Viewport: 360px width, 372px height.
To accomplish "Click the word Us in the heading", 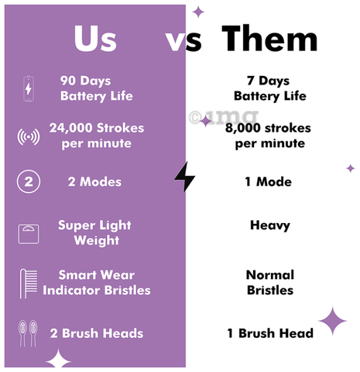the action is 95,39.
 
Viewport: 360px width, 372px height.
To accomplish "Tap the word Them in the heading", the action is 269,38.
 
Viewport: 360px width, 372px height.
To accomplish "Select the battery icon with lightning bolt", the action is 29,88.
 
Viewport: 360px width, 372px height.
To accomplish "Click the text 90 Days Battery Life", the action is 97,88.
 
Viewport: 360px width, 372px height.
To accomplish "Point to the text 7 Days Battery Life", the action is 270,88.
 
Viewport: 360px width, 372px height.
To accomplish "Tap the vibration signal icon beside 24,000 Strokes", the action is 29,136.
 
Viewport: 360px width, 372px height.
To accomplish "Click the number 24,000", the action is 71,128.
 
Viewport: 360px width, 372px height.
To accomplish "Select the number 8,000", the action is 242,128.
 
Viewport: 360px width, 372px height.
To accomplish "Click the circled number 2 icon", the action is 29,182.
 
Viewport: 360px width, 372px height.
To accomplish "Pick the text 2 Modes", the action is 94,182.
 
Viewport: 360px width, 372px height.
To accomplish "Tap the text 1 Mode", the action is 269,182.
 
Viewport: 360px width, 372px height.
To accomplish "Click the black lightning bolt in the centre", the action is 185,177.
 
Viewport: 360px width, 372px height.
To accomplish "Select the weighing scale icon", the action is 29,234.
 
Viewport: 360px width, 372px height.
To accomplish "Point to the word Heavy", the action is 270,226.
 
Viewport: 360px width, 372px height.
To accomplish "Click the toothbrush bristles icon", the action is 29,284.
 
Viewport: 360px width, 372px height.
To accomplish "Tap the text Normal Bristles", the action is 270,283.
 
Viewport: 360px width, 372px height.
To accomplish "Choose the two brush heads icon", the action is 28,333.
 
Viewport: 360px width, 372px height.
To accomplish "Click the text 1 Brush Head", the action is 270,333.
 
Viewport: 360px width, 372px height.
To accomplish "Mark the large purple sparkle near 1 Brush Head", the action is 332,321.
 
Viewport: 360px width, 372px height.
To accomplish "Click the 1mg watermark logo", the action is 224,117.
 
